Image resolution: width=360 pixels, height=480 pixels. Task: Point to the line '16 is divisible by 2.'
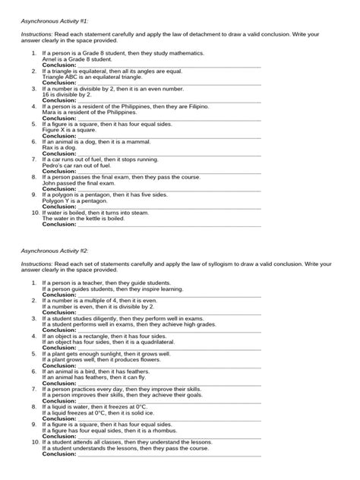tap(69, 94)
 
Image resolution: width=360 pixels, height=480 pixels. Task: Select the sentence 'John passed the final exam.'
tap(80, 182)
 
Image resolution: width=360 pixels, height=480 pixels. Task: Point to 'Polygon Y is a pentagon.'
tap(75, 201)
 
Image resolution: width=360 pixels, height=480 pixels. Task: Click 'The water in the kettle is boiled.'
tap(88, 218)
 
